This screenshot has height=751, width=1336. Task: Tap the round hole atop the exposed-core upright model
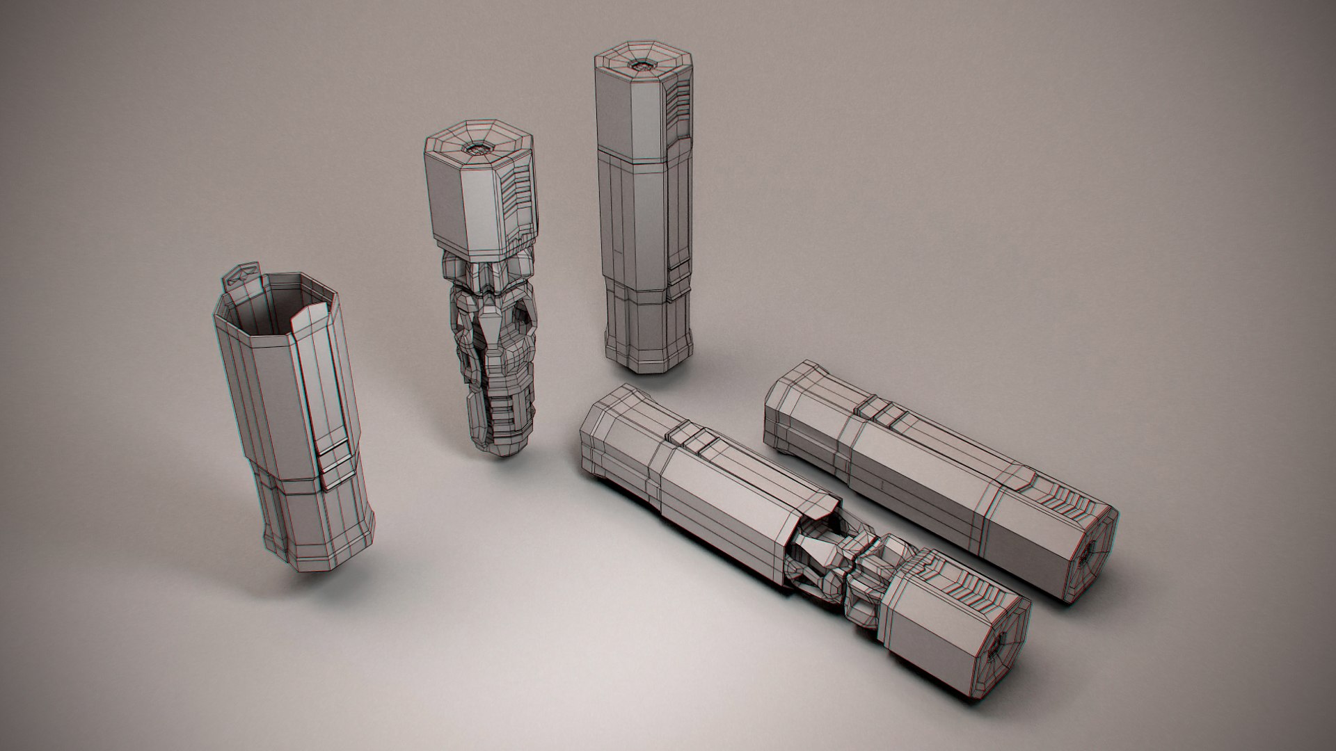[x=479, y=147]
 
